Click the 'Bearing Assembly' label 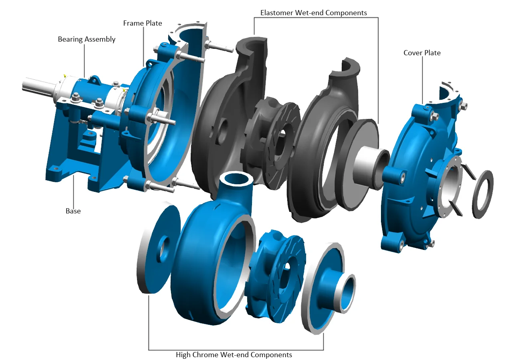pyautogui.click(x=87, y=39)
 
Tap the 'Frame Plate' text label pyautogui.click(x=143, y=23)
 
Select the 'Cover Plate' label pyautogui.click(x=422, y=53)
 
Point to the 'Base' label pyautogui.click(x=73, y=211)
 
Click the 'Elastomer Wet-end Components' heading pyautogui.click(x=313, y=13)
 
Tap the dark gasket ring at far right pyautogui.click(x=482, y=194)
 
